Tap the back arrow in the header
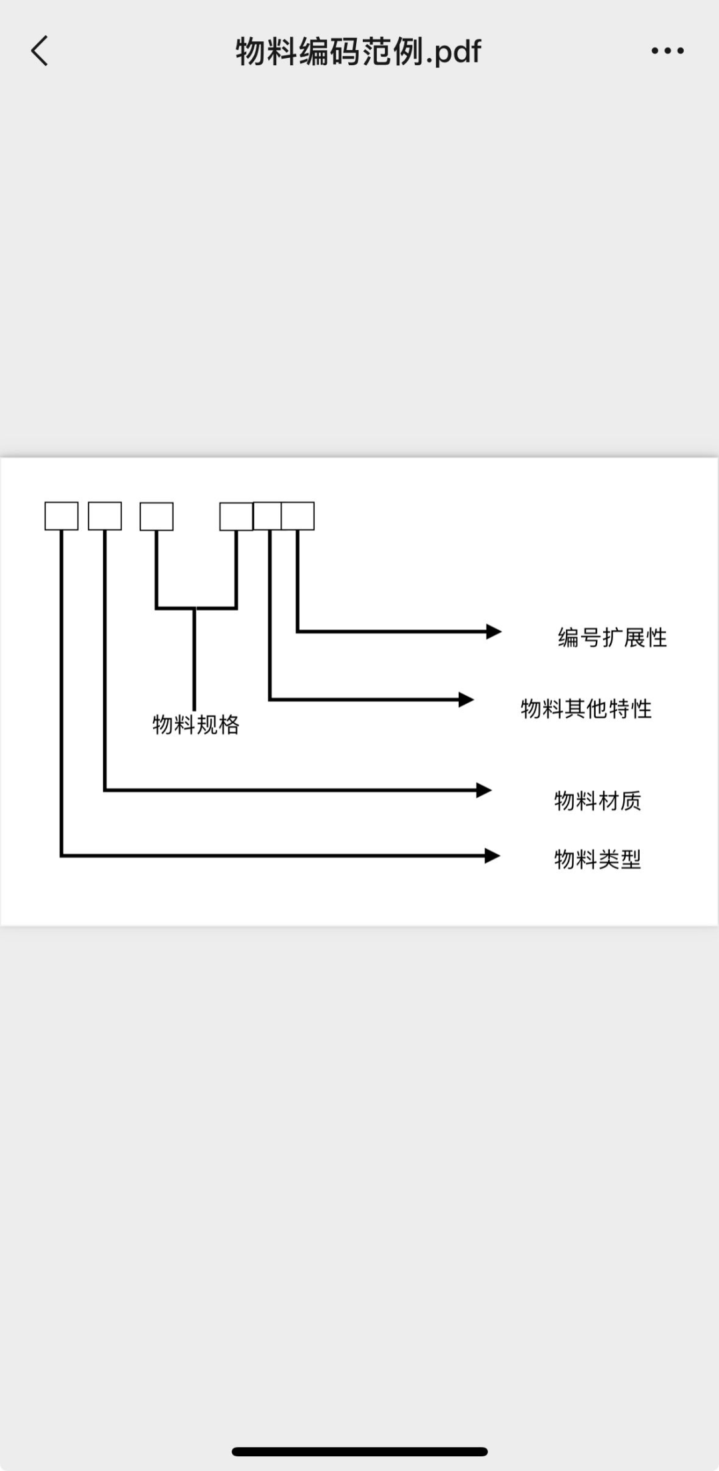(x=40, y=51)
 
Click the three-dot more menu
(x=667, y=51)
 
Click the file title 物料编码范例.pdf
(x=358, y=51)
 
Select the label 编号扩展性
(x=612, y=637)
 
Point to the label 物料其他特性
(x=586, y=709)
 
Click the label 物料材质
(x=597, y=800)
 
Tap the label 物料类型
(x=597, y=859)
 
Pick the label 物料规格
(x=196, y=725)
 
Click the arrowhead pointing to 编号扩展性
(x=493, y=631)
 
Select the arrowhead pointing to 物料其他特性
(x=466, y=700)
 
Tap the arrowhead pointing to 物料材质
(x=484, y=790)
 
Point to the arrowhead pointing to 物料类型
(x=492, y=856)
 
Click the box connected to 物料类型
(x=61, y=516)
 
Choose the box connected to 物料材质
(x=105, y=516)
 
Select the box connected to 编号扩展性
(x=298, y=516)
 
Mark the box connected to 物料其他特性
(x=268, y=516)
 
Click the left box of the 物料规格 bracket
(x=156, y=516)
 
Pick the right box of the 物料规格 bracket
(x=236, y=516)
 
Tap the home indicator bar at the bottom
(x=359, y=1451)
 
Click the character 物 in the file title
(x=251, y=51)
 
